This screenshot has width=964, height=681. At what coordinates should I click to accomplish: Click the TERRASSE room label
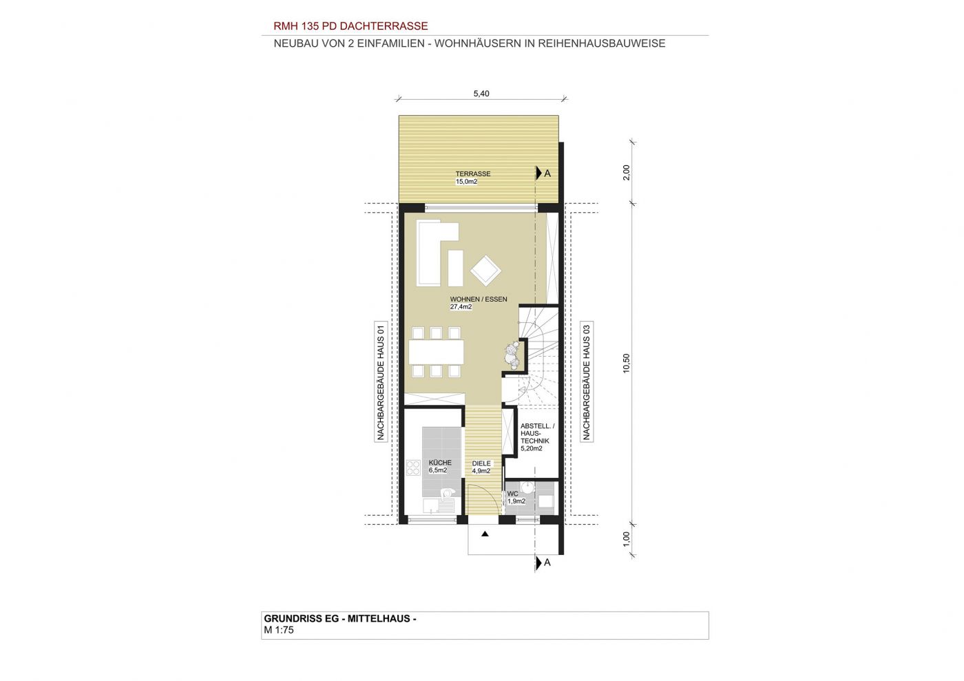pyautogui.click(x=473, y=174)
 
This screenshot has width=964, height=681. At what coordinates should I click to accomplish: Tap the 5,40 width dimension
pyautogui.click(x=481, y=94)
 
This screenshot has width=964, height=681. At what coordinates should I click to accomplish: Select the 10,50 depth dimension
pyautogui.click(x=626, y=363)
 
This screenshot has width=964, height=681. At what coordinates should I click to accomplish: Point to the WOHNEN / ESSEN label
pyautogui.click(x=479, y=299)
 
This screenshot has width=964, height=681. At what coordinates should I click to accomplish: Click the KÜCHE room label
pyautogui.click(x=440, y=463)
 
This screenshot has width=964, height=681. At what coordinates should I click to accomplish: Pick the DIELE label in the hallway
pyautogui.click(x=481, y=463)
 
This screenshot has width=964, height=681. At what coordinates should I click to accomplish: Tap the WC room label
pyautogui.click(x=512, y=494)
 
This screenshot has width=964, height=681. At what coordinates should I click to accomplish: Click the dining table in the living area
pyautogui.click(x=437, y=352)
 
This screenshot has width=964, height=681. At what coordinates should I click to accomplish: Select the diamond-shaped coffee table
pyautogui.click(x=485, y=271)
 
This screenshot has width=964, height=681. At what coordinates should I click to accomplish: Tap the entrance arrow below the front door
pyautogui.click(x=485, y=534)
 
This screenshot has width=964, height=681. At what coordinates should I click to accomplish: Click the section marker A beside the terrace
pyautogui.click(x=543, y=173)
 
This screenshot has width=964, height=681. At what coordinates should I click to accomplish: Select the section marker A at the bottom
pyautogui.click(x=543, y=563)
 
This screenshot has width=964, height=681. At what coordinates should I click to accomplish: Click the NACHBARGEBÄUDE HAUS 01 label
pyautogui.click(x=380, y=382)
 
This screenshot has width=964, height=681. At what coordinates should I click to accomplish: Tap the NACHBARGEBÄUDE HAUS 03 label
pyautogui.click(x=586, y=382)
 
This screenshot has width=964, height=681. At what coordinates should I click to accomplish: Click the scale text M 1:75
pyautogui.click(x=279, y=630)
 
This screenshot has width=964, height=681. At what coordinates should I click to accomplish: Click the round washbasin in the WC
pyautogui.click(x=527, y=486)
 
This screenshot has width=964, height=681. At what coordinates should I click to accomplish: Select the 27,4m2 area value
pyautogui.click(x=461, y=307)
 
